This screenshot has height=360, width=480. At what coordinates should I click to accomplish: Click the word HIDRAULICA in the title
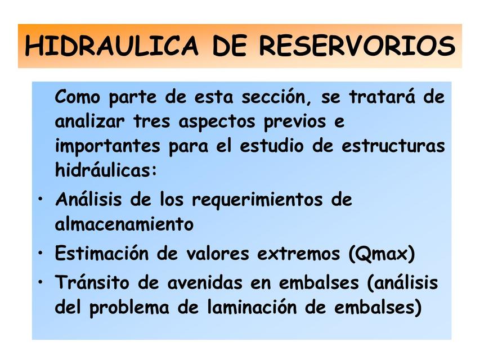tap(111, 46)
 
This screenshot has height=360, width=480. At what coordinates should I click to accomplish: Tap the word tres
tap(152, 121)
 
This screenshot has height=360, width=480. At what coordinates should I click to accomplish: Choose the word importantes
tap(107, 146)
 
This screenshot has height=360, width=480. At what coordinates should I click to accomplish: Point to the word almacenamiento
tap(124, 224)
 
